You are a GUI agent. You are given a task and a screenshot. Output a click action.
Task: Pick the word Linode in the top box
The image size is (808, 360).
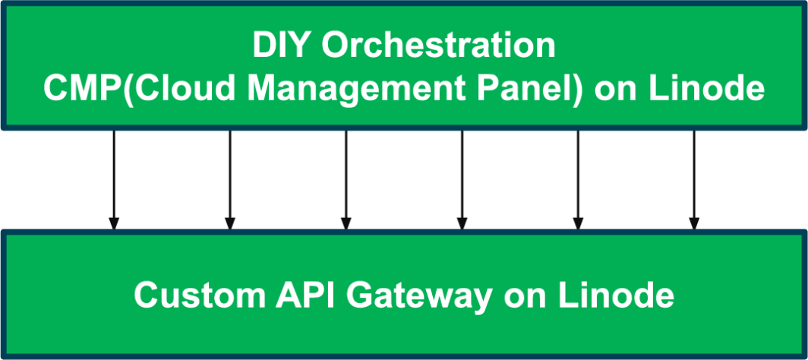point(707,88)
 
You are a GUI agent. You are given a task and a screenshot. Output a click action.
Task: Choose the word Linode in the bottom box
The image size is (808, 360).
point(617,295)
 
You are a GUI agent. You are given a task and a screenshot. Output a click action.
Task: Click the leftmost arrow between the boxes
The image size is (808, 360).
point(114,180)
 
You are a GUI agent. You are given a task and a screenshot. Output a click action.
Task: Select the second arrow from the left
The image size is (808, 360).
point(230,180)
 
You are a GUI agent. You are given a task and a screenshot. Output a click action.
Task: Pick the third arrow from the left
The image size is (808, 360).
point(346,180)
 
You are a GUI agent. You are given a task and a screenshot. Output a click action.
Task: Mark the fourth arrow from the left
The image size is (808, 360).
point(462,180)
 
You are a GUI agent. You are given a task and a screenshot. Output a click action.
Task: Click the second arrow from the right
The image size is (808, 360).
point(578,180)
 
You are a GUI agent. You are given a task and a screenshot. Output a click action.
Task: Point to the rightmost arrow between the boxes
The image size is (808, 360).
point(693,180)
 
